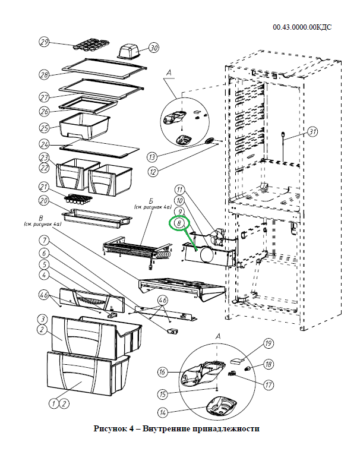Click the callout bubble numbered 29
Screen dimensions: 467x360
pos(44,42)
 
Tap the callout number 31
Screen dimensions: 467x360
pos(314,132)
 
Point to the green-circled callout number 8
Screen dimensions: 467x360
pos(178,223)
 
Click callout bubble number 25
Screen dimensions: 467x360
pos(44,127)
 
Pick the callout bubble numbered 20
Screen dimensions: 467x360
pos(44,200)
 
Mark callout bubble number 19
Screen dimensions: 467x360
pos(268,343)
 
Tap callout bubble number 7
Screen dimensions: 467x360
pos(44,241)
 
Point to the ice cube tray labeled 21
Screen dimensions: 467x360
pos(75,195)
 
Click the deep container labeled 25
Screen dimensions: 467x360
pos(84,127)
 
